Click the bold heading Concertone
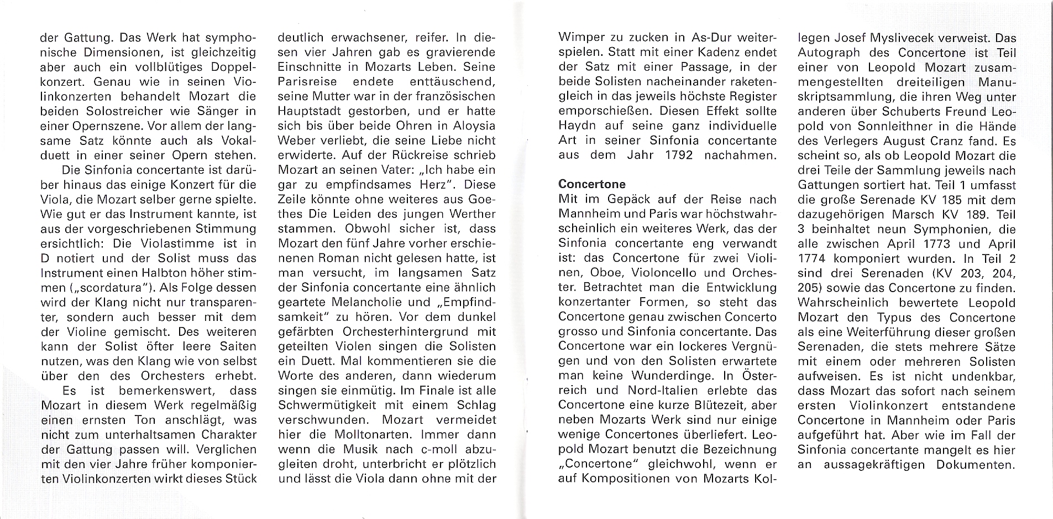coord(591,184)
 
